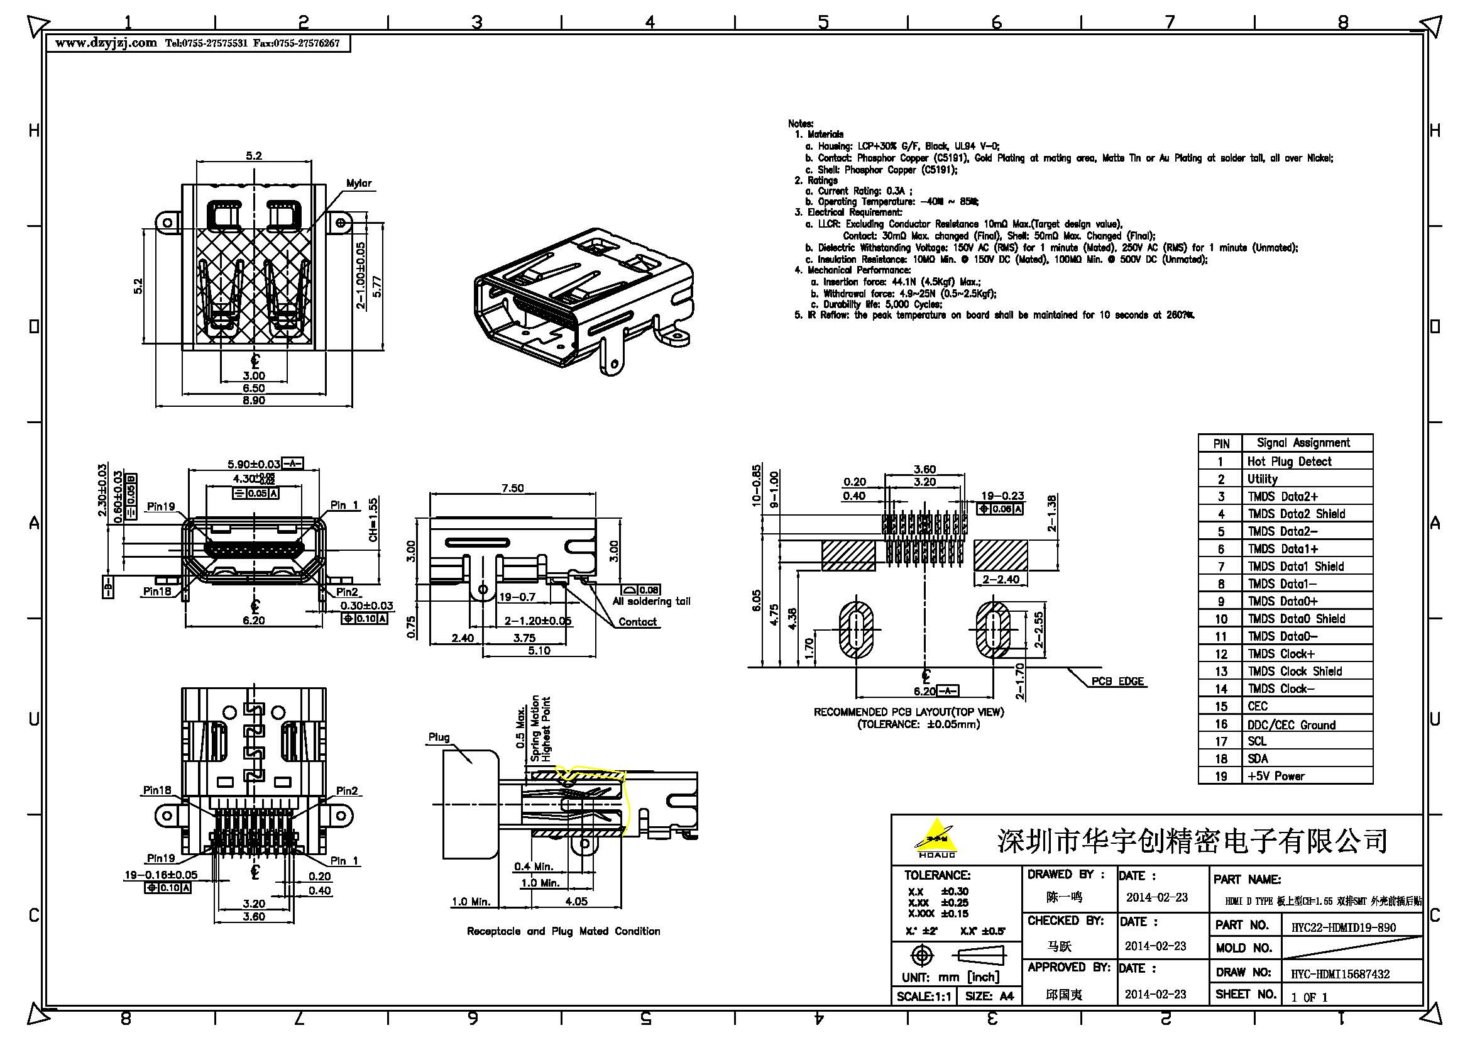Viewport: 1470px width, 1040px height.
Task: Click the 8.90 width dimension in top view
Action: pos(253,401)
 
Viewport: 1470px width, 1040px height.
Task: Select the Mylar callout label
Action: pos(358,183)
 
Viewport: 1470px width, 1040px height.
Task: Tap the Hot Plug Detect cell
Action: pos(1289,461)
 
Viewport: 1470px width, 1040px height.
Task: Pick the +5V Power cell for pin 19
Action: pos(1275,775)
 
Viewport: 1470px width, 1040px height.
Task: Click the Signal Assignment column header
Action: pos(1303,443)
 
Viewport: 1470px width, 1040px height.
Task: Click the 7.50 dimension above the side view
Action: pos(512,488)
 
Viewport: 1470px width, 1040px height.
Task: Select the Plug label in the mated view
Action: pos(439,737)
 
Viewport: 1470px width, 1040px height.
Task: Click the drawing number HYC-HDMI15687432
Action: pos(1340,973)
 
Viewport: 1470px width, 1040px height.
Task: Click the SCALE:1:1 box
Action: pos(923,996)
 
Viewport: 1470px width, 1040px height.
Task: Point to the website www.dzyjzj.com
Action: pos(106,43)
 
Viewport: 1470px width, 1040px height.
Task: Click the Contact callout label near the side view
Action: pos(637,622)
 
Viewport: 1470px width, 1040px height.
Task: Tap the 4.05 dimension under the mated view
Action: pos(576,901)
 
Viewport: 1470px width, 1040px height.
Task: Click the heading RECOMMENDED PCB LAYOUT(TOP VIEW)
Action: pos(909,712)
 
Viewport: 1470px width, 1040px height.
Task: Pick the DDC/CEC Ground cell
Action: pos(1291,725)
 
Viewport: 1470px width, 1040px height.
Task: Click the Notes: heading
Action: pos(800,124)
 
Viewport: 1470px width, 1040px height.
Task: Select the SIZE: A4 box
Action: pos(989,996)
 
